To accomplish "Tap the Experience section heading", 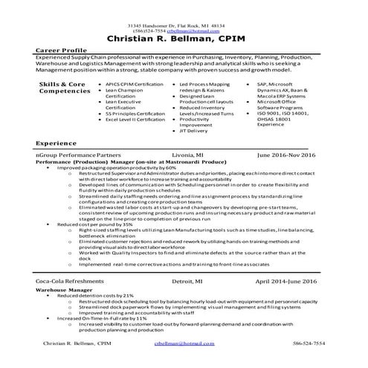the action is pos(56,141).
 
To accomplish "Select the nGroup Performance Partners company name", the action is pos(77,155).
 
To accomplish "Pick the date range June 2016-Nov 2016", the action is pos(287,155).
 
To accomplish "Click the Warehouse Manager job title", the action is pos(64,289).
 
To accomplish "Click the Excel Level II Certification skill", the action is pos(136,119).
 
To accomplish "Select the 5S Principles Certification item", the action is pos(135,113).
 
